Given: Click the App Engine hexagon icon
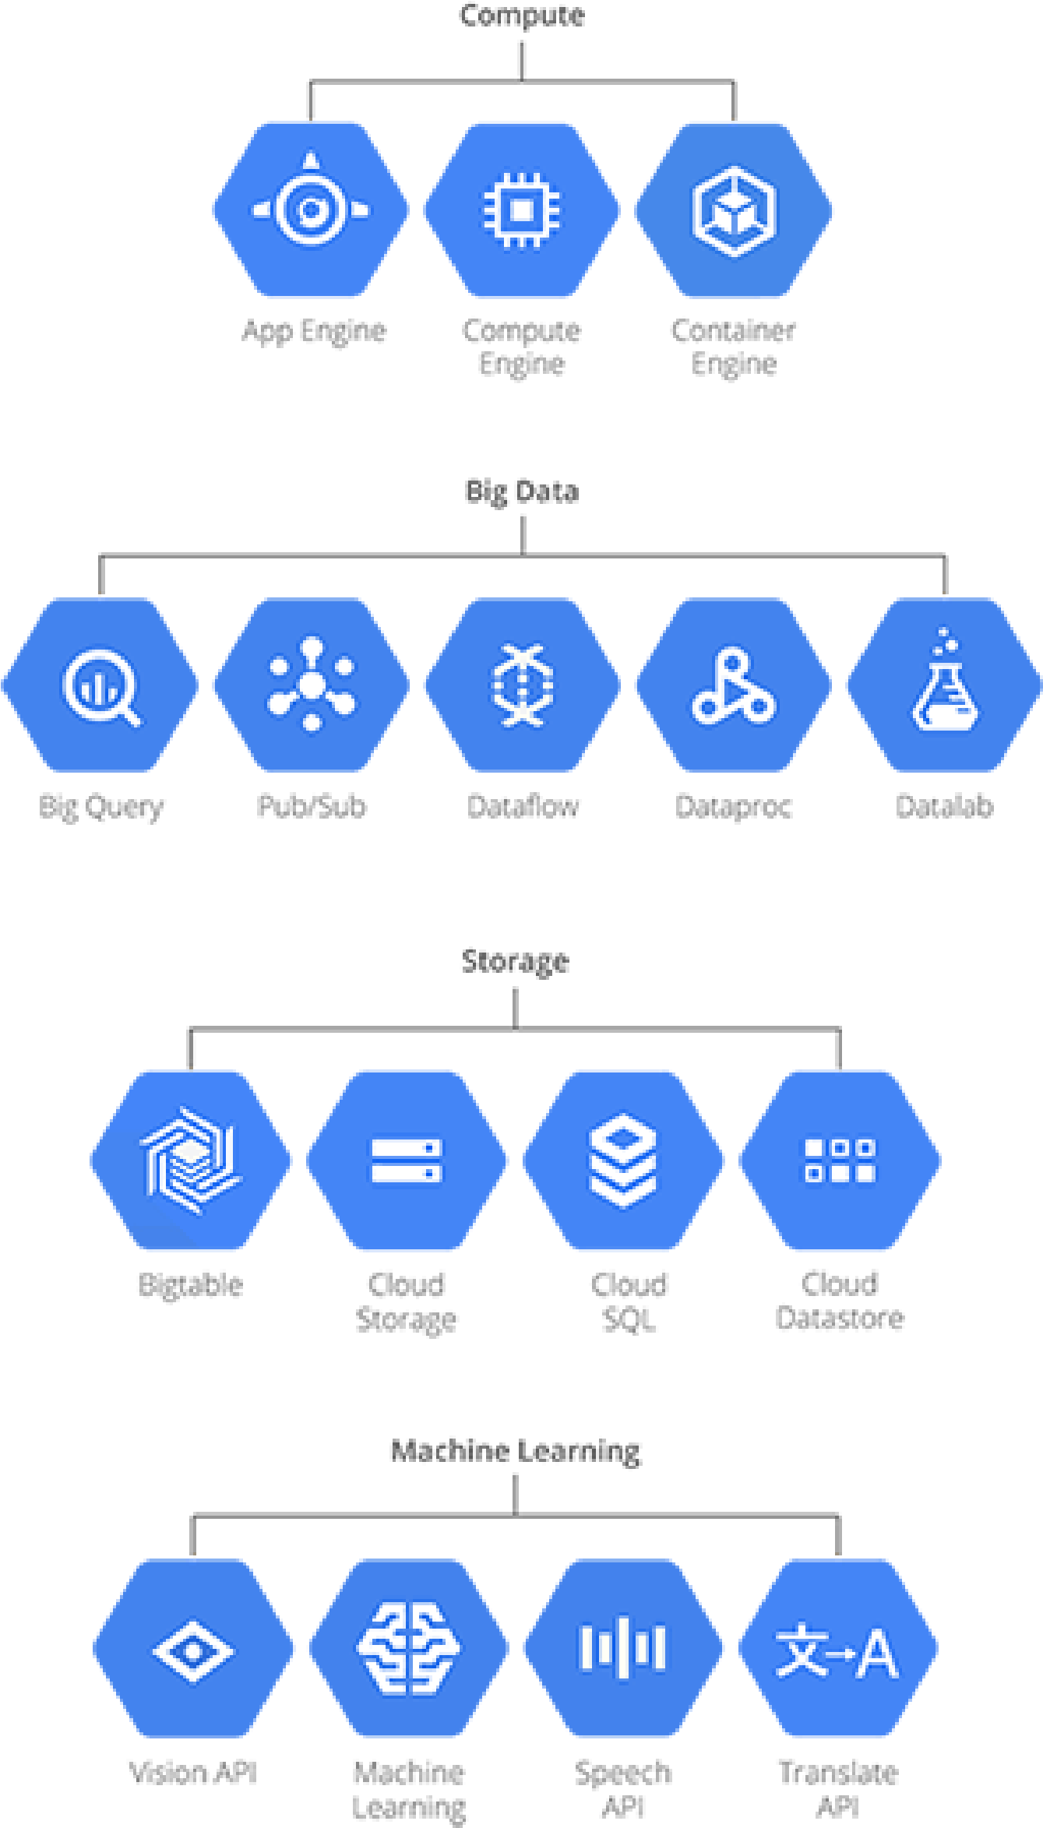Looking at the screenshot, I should click(311, 210).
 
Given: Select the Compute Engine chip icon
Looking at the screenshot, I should click(522, 210).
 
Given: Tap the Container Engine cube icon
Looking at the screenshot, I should click(734, 210).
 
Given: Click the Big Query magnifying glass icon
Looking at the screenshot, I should click(100, 685).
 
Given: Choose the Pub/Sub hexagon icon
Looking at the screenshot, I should click(311, 685).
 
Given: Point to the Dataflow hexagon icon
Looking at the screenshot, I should click(522, 685).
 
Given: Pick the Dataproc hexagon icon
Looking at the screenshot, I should click(733, 685).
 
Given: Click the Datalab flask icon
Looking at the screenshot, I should click(944, 685).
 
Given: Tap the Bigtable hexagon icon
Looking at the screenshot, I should click(191, 1161).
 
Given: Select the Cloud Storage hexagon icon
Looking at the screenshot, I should click(407, 1161).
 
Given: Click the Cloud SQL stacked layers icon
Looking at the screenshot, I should click(623, 1161).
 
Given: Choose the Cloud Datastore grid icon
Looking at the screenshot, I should click(840, 1161).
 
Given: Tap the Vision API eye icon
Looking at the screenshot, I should click(194, 1650).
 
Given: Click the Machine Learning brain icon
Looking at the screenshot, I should click(408, 1650).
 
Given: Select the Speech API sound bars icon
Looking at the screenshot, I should click(623, 1650).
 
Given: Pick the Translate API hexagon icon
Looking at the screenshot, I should click(837, 1650).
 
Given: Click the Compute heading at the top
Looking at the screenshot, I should click(522, 15).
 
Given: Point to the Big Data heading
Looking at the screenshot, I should click(522, 491).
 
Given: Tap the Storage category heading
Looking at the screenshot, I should click(515, 962).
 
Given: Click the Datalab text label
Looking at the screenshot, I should click(944, 806).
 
